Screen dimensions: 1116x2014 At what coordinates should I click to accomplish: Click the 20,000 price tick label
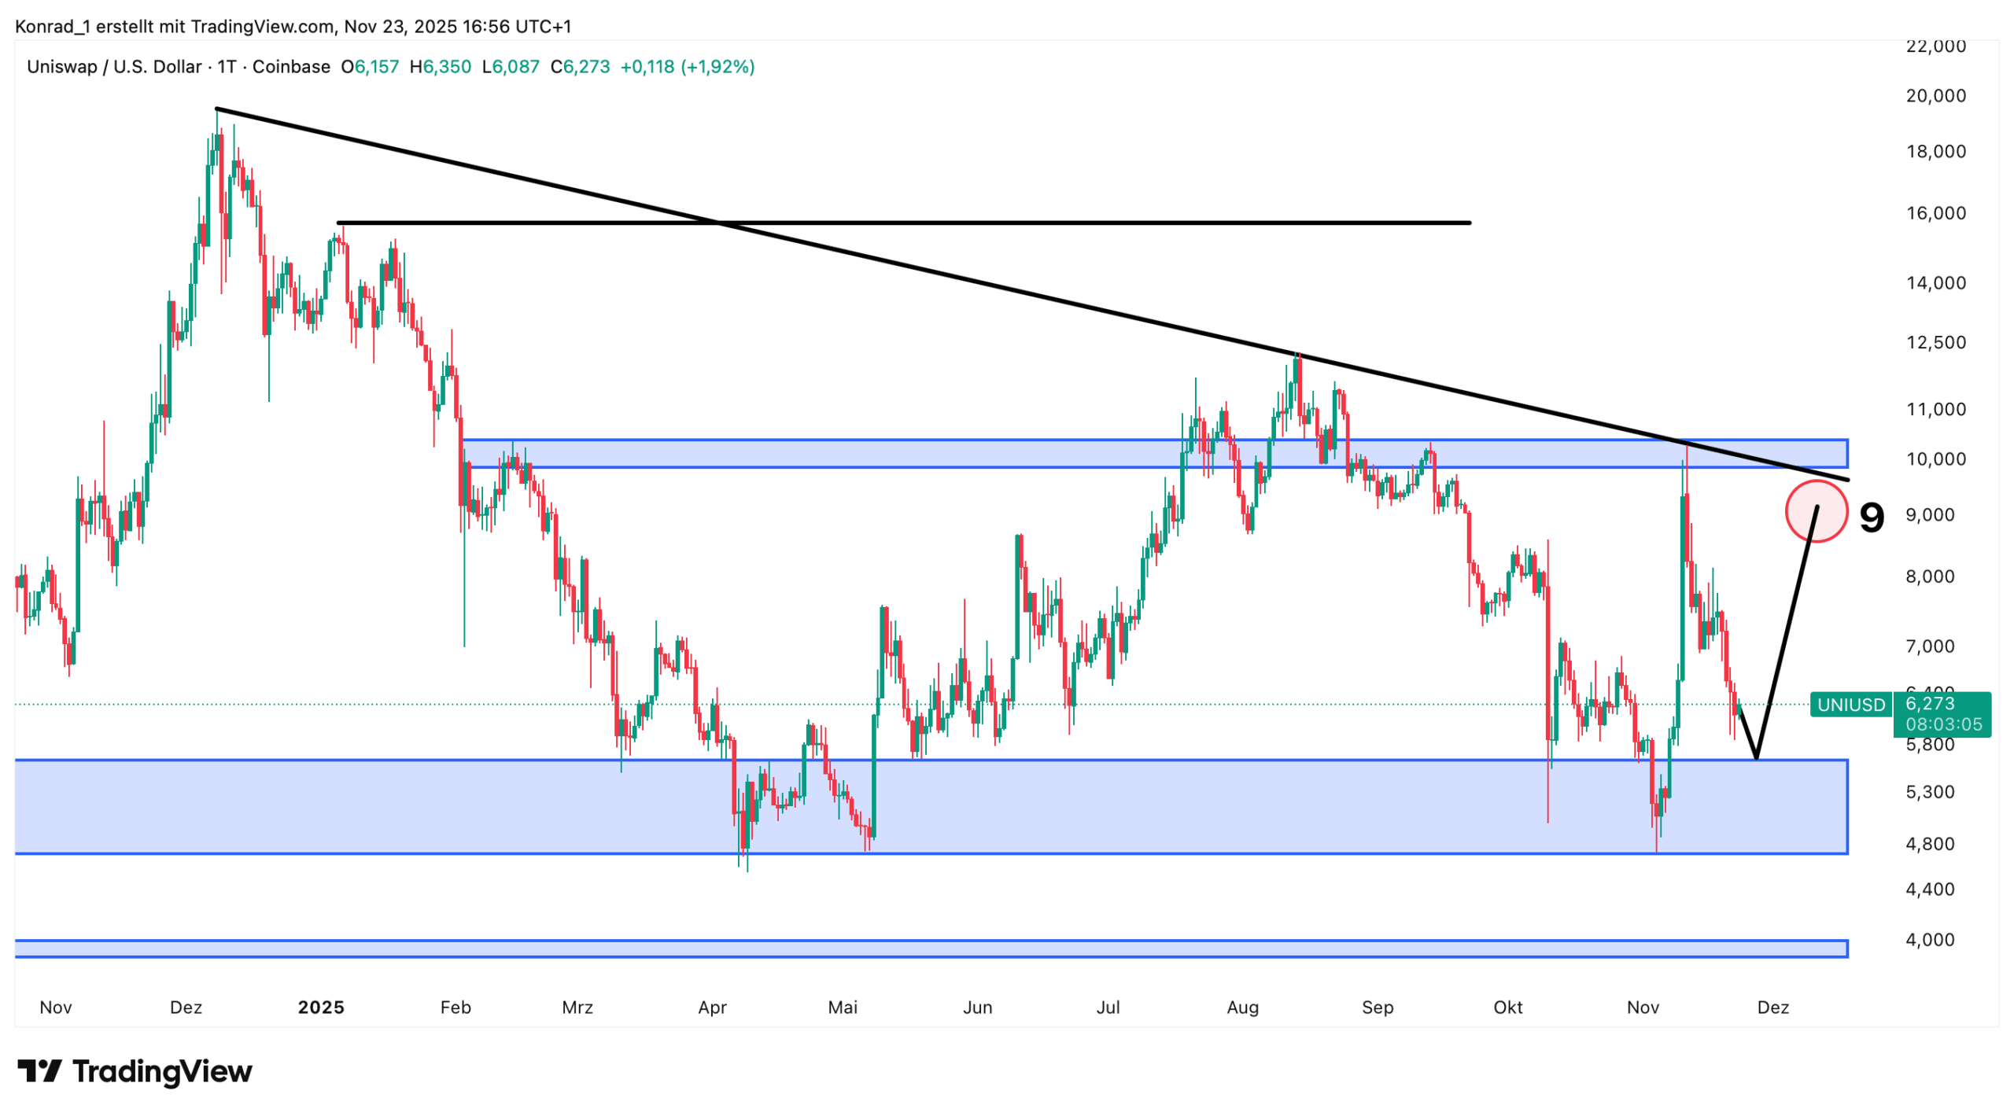1935,96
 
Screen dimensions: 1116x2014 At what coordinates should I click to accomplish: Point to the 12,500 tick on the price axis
1935,342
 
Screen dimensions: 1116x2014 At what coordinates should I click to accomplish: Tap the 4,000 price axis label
1929,939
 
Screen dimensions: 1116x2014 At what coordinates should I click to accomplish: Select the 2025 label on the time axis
321,1007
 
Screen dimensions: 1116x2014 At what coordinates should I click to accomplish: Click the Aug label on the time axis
1242,1007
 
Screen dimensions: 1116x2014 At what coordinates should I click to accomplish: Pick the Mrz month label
577,1007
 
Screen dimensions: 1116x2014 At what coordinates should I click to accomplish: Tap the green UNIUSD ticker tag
1850,705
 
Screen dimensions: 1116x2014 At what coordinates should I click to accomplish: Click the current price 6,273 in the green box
1929,703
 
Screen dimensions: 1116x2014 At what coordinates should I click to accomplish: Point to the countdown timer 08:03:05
1942,724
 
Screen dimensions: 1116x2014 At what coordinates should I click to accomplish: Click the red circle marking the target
1816,511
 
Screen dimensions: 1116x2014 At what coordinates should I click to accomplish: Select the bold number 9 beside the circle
1872,517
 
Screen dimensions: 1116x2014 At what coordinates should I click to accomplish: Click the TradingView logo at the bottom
135,1071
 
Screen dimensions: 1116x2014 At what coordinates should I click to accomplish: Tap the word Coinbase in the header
291,67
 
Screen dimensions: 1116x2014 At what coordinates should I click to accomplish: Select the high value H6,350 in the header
440,67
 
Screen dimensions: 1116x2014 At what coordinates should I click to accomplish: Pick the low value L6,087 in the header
511,67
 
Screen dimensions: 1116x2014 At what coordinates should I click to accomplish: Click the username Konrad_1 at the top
52,27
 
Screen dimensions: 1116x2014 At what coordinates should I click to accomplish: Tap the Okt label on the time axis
1507,1007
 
